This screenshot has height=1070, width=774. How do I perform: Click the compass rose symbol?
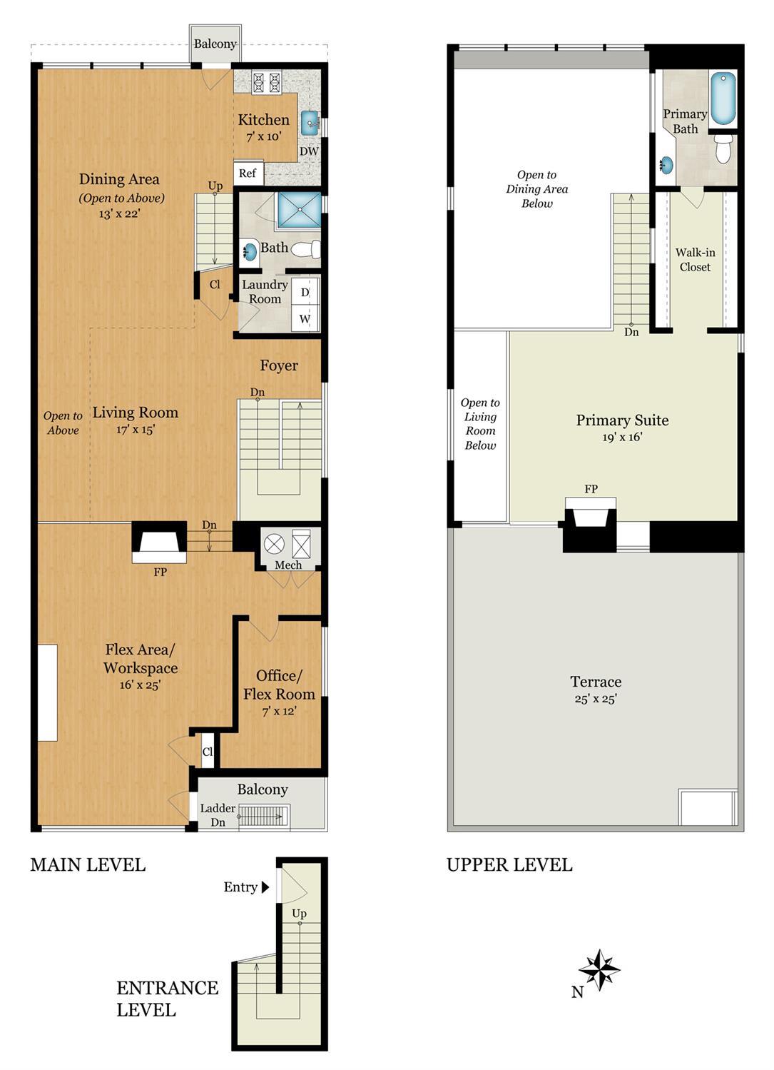599,970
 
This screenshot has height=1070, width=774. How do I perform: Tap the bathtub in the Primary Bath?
722,99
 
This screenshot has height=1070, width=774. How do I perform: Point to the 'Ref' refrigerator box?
248,173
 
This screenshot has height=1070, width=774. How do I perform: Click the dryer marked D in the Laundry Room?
305,293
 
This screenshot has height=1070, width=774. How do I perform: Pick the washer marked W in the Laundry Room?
305,318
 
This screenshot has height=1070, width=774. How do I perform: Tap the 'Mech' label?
288,565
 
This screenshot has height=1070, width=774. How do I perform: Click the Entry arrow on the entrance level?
265,887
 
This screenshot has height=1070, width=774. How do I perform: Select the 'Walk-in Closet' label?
695,260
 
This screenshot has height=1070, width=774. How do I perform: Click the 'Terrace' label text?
596,682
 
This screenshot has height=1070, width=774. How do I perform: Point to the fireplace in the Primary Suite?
590,514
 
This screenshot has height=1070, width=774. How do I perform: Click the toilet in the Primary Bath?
723,151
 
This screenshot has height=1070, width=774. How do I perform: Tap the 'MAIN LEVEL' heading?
88,865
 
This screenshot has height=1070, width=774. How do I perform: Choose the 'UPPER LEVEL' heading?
509,865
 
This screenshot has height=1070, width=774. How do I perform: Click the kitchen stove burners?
267,82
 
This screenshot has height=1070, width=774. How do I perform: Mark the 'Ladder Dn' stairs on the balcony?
263,815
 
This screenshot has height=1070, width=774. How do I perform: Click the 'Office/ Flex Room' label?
279,685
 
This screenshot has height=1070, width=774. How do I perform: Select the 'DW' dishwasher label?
308,151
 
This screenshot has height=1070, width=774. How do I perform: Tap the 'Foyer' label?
279,365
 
